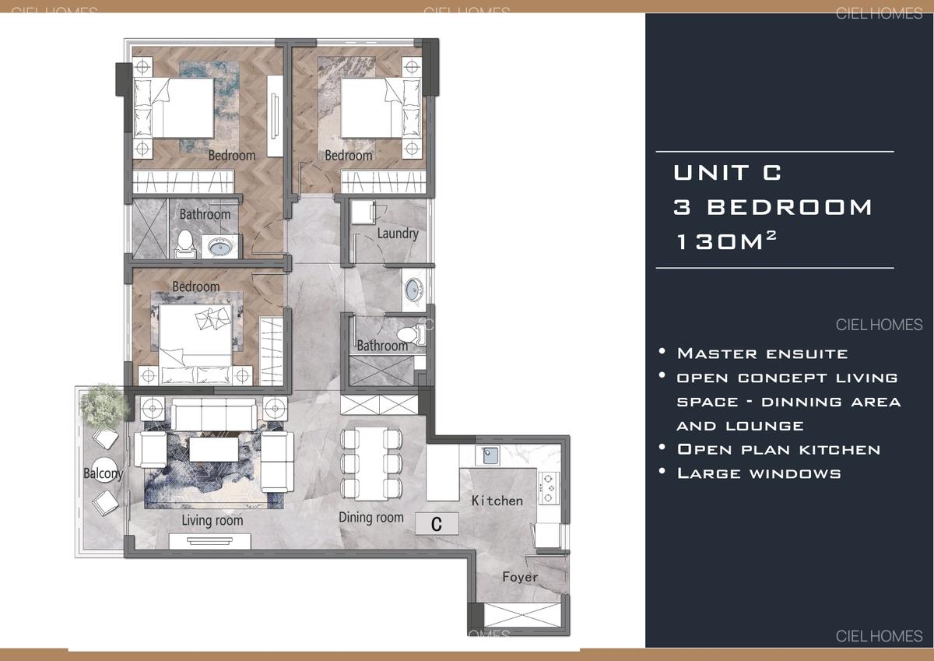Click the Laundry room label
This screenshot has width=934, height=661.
398,233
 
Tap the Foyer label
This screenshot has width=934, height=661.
520,577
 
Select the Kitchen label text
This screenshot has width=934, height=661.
497,501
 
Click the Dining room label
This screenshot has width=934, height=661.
371,517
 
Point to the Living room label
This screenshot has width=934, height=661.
212,520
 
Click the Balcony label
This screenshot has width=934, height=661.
104,473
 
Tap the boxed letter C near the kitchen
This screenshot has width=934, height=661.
436,524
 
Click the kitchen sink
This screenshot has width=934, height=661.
491,455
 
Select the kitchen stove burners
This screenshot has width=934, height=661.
549,487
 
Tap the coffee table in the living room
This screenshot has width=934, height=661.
212,450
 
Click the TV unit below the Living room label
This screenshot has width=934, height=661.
210,540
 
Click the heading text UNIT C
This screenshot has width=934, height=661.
727,172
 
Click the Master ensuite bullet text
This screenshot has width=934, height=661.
762,353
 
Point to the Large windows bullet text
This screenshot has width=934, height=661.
759,473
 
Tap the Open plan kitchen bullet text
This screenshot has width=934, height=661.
778,449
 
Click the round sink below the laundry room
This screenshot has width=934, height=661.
413,289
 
